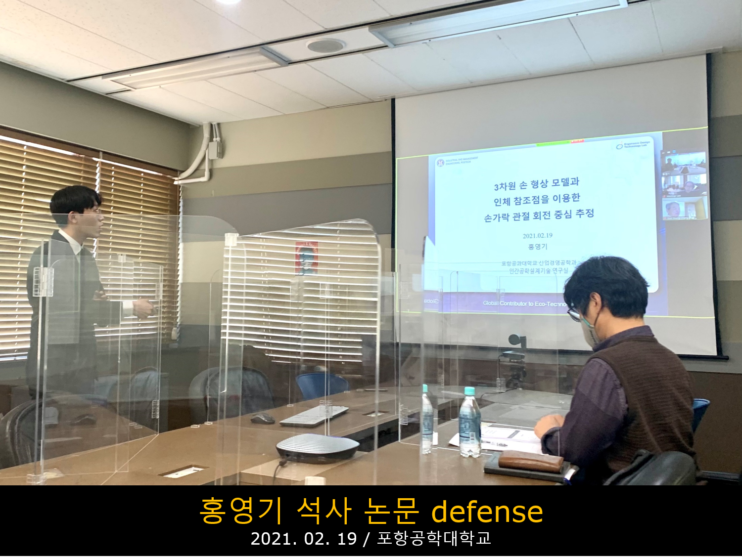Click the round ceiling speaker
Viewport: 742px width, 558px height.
(325, 46)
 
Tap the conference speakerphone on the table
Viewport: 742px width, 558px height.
(317, 448)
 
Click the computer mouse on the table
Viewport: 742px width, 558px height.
(262, 419)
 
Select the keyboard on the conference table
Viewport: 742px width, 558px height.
(314, 416)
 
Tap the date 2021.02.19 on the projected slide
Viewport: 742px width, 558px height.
(537, 236)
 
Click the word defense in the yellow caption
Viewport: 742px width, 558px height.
(487, 512)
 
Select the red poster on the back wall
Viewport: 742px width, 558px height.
(306, 258)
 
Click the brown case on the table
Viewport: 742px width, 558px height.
(531, 461)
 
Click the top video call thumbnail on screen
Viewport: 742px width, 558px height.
(685, 163)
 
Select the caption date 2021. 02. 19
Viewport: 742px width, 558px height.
(303, 539)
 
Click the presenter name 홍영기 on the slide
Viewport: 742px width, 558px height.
(537, 247)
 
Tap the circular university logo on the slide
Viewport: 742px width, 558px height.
(440, 162)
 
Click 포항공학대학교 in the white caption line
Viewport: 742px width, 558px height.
(434, 539)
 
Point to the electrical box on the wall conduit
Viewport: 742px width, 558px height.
(214, 149)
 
